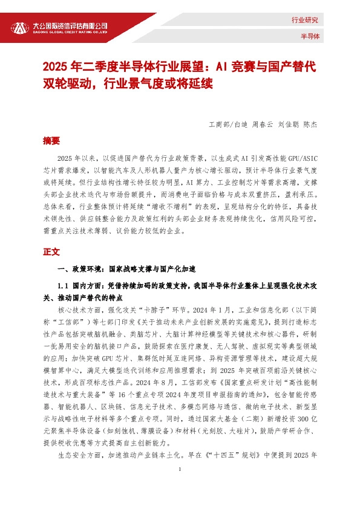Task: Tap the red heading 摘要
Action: pos(52,141)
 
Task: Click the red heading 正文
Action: pos(52,251)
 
